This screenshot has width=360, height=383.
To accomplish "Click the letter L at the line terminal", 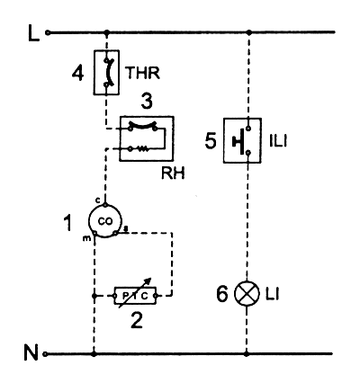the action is coord(34,33).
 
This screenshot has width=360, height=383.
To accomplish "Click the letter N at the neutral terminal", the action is coord(31,352).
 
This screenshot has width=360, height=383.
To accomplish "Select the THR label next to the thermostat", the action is coord(142,73).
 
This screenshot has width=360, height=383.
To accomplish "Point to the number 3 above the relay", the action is coord(147,102).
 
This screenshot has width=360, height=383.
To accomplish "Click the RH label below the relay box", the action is coord(173,174).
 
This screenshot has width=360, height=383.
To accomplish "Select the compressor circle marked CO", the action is coord(105,221).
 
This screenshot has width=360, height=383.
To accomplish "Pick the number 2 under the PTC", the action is coord(137,320).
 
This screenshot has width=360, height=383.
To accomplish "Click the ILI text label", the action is coord(278,141).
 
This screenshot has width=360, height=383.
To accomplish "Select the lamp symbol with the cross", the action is coord(247,294).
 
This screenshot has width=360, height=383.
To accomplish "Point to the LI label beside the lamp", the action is coord(272,295).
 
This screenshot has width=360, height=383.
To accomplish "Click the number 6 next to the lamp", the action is coord(222,294).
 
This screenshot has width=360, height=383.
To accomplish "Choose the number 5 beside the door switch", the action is coord(211,140).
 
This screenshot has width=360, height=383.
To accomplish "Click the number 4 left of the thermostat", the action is coord(77,74).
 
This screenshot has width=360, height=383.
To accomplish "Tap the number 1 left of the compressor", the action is coord(68,223).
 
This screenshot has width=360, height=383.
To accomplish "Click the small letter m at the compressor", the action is coord(86,238).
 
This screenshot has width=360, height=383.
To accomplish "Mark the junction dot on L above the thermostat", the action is coord(107,32).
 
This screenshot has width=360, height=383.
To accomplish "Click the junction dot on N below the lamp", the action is coord(247,354).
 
